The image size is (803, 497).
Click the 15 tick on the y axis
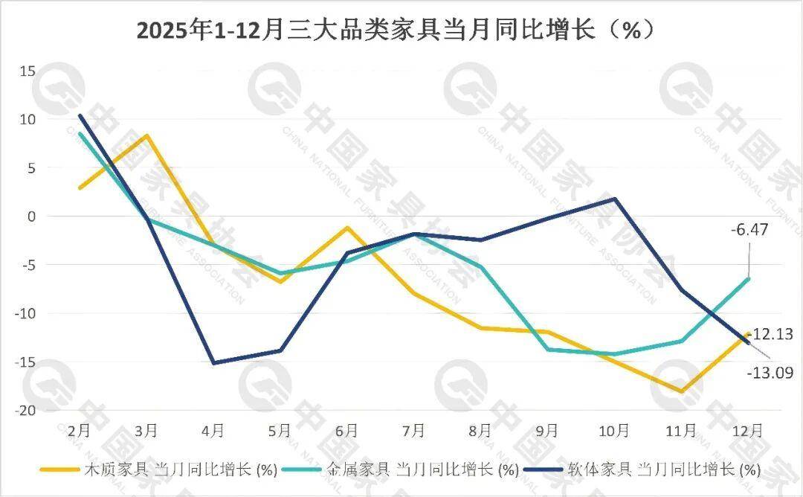(28, 71)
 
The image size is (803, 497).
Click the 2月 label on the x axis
(79, 430)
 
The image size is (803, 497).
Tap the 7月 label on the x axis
(413, 430)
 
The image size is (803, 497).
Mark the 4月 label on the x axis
(213, 430)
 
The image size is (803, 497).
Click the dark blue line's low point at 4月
(213, 363)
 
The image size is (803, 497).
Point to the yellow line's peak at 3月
(146, 135)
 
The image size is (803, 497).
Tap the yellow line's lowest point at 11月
(681, 391)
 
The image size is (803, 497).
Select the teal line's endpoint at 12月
(748, 279)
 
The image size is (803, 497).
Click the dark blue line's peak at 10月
(615, 199)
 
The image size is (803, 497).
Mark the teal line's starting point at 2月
(80, 133)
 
